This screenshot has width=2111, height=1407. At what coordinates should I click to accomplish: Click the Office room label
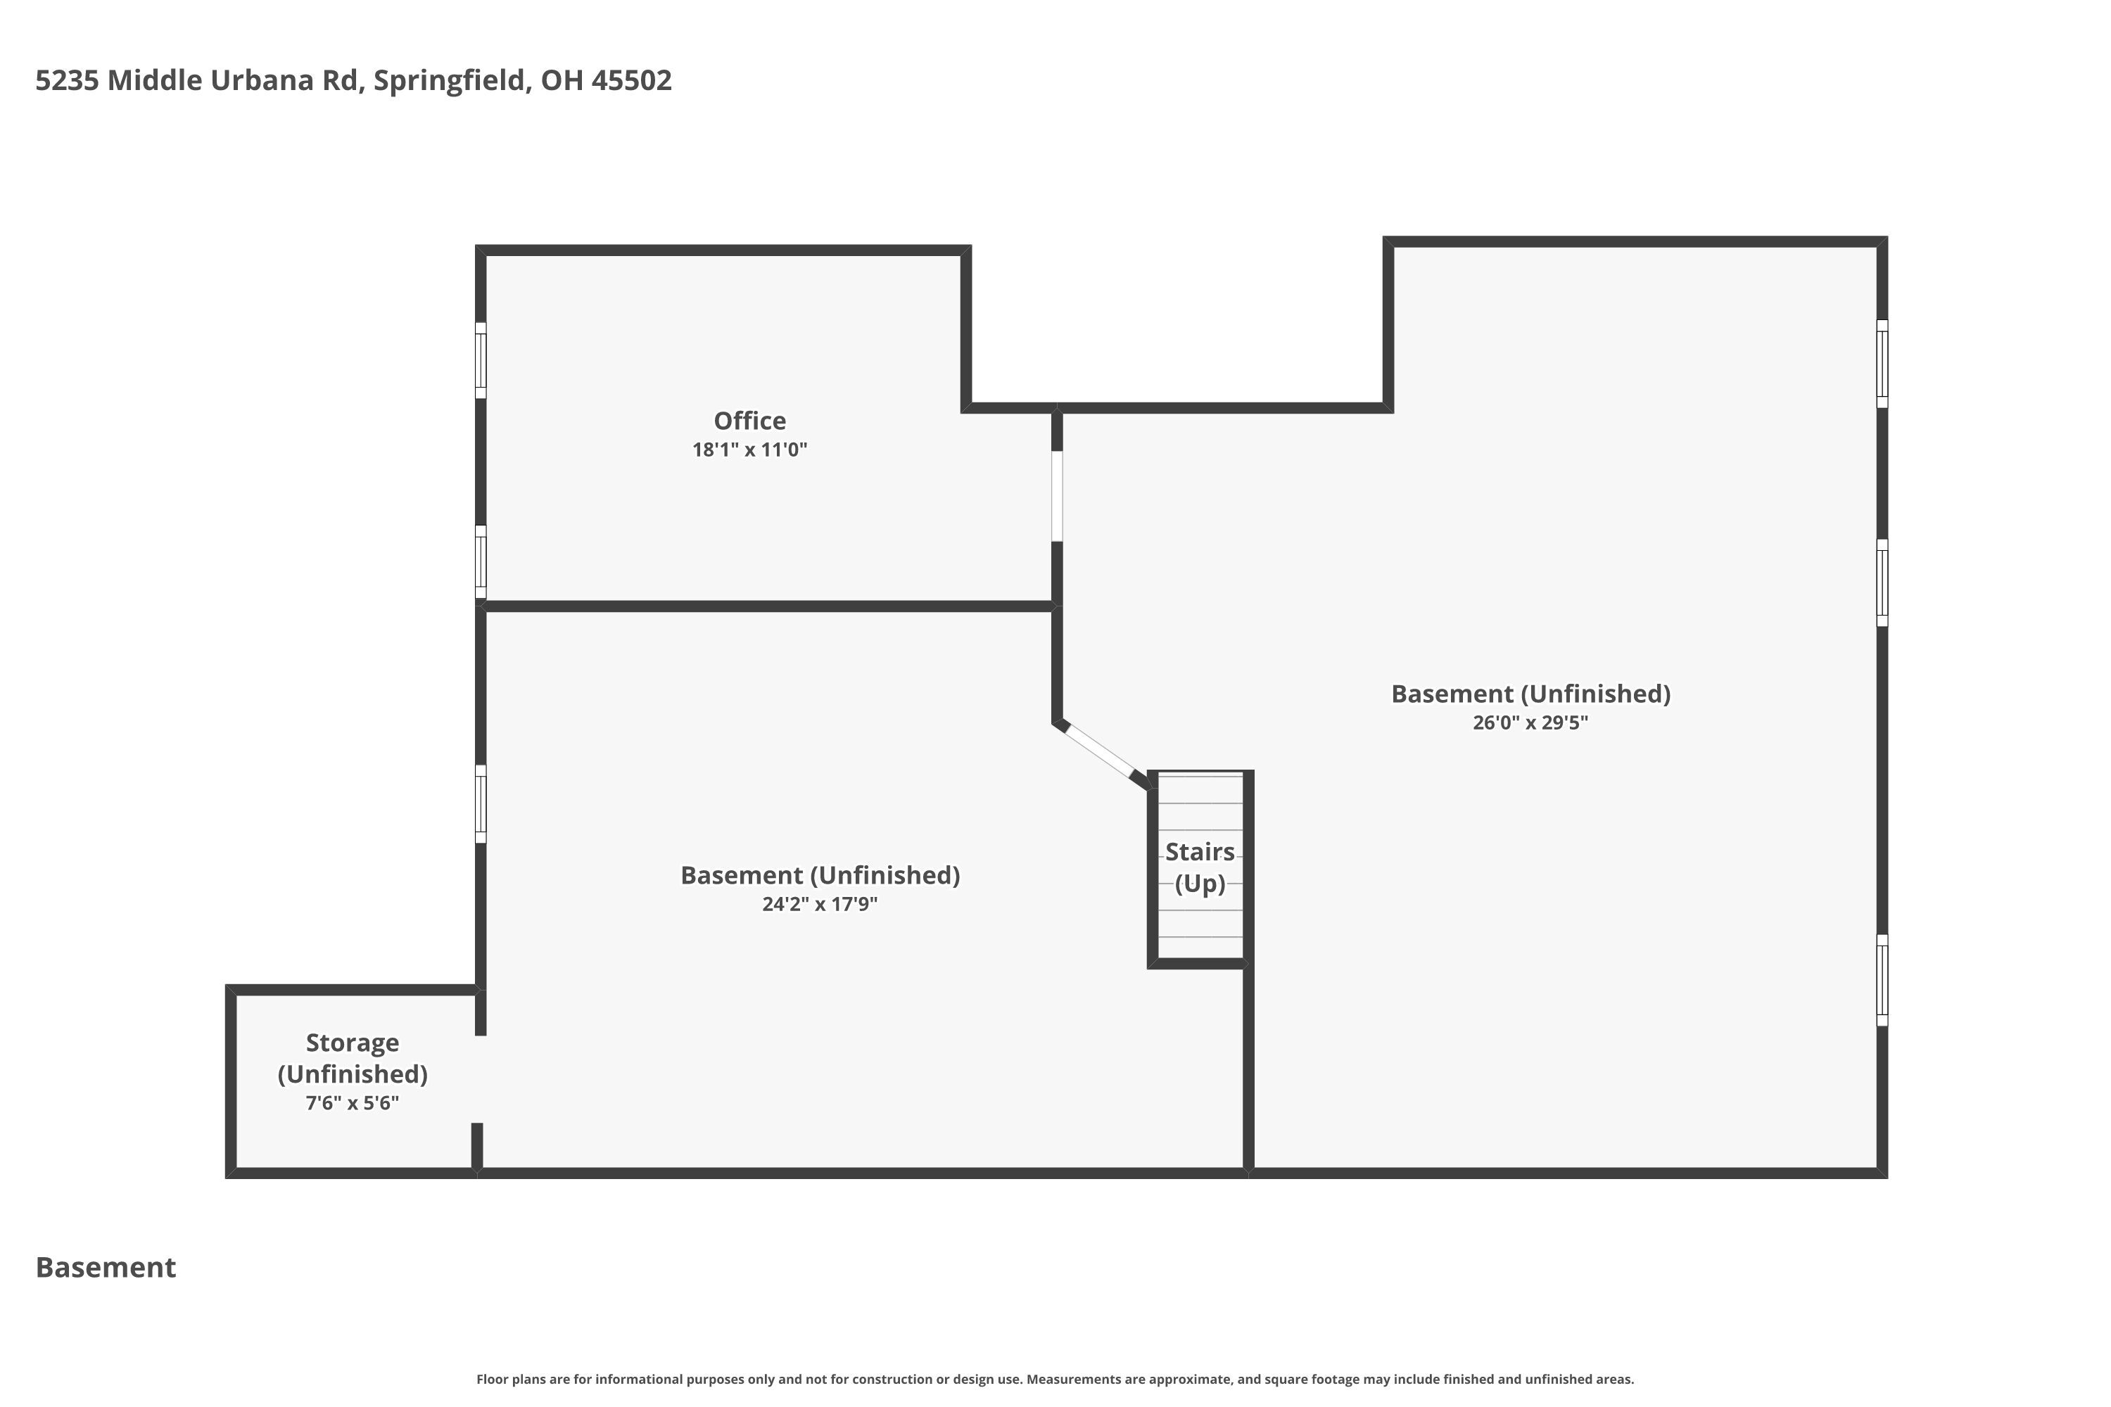[749, 421]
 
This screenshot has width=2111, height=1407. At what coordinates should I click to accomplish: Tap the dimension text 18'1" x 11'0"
[749, 450]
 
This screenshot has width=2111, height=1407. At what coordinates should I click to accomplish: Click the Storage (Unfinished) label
[352, 1058]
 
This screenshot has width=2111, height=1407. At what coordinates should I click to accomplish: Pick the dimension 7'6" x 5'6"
[352, 1103]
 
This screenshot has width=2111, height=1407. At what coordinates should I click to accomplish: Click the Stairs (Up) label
[1199, 867]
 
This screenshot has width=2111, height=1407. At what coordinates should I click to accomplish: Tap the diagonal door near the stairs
[1099, 750]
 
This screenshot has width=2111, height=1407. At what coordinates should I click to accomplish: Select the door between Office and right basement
[1056, 496]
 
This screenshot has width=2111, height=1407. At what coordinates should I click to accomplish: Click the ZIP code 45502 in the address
[631, 81]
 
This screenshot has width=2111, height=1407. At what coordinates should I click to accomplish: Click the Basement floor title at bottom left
[106, 1267]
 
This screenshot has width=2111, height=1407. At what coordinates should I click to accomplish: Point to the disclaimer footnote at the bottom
[1055, 1379]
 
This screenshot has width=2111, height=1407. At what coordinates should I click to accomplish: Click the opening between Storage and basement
[479, 1078]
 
